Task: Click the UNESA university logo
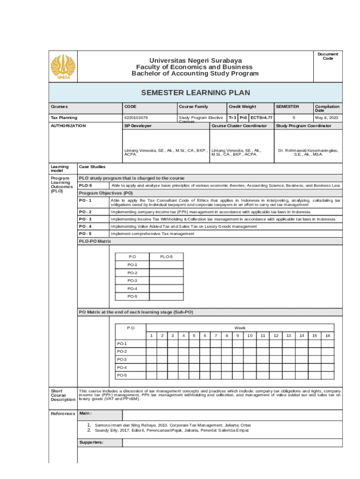pos(63,67)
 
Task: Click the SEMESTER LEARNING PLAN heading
pos(195,93)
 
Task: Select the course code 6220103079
pos(136,117)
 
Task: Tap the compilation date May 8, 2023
pos(327,117)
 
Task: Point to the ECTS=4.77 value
pos(261,117)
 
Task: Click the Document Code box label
pos(328,56)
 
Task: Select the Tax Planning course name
pos(64,117)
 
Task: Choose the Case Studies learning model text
pos(92,167)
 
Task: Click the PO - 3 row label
pos(85,219)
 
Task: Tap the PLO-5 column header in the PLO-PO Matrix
pos(166,257)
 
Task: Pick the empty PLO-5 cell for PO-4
pos(166,289)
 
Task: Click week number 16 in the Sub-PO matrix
pos(328,335)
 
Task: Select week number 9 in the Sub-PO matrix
pos(238,335)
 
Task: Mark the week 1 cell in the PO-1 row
pos(151,343)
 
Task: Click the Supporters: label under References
pos(91,442)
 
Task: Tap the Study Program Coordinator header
pos(303,126)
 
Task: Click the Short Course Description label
pos(62,395)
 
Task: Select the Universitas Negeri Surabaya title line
pos(195,61)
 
